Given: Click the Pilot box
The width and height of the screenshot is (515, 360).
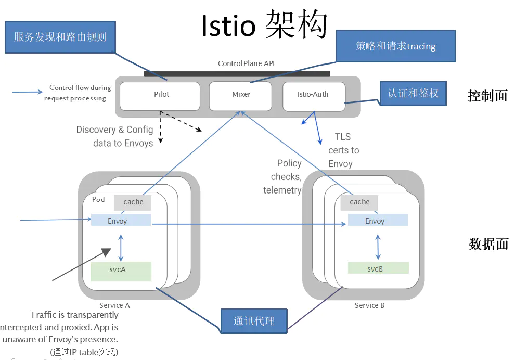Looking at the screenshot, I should (x=160, y=96).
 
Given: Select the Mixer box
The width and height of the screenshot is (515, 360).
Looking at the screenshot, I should (x=241, y=96).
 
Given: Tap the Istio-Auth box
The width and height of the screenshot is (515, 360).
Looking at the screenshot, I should (x=313, y=96).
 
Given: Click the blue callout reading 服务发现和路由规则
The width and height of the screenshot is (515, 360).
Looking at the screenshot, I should (x=60, y=37).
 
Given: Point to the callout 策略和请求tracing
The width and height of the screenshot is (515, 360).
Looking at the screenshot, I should (x=395, y=46).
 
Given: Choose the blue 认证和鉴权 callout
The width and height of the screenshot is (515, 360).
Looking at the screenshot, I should (x=413, y=94).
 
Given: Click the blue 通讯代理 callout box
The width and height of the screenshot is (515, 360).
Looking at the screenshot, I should (x=253, y=321).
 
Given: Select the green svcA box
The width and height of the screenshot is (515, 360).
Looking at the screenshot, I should (x=120, y=271).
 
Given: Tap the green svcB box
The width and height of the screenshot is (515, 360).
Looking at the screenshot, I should (x=378, y=268).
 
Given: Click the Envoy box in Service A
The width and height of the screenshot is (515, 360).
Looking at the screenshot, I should (x=121, y=220).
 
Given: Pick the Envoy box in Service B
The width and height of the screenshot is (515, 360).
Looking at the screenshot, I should (x=378, y=220).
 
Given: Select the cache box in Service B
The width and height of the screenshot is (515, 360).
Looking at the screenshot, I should (x=359, y=202).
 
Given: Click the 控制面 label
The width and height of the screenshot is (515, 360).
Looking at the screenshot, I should (x=487, y=96).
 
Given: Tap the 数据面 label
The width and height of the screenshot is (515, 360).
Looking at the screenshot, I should (x=488, y=243).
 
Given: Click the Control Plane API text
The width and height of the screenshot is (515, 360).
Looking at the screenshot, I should (x=246, y=63).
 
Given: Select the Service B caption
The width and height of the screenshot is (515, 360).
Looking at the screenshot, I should (x=369, y=305).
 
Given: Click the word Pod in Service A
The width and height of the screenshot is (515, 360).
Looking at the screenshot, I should (x=98, y=200).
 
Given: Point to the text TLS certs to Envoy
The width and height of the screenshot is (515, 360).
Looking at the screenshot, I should (x=343, y=150).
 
